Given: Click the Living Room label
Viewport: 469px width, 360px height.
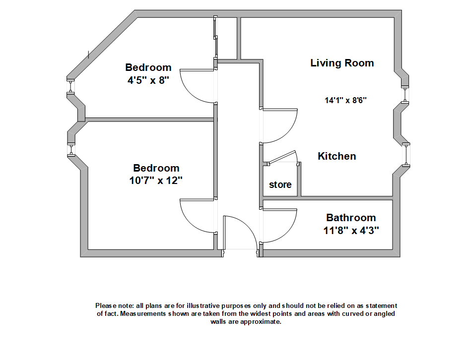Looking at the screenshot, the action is pos(342,63).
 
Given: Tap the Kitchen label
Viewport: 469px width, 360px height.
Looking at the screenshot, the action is pos(337,156).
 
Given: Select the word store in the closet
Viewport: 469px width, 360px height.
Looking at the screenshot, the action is pos(280,185).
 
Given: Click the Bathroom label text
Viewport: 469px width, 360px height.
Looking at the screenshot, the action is pos(351,218).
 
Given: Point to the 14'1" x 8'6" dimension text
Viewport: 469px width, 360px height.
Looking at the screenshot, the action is pos(345,100).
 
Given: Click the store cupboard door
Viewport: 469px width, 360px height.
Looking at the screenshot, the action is pos(282,157).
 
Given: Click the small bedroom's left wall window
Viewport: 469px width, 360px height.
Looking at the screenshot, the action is pos(71,87).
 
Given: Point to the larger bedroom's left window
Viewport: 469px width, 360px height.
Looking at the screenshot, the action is pos(71,150).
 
